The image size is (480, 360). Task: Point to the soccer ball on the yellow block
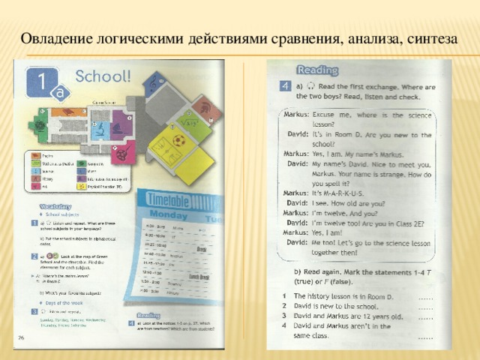click(178, 140)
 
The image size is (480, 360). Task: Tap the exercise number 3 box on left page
click(34, 311)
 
